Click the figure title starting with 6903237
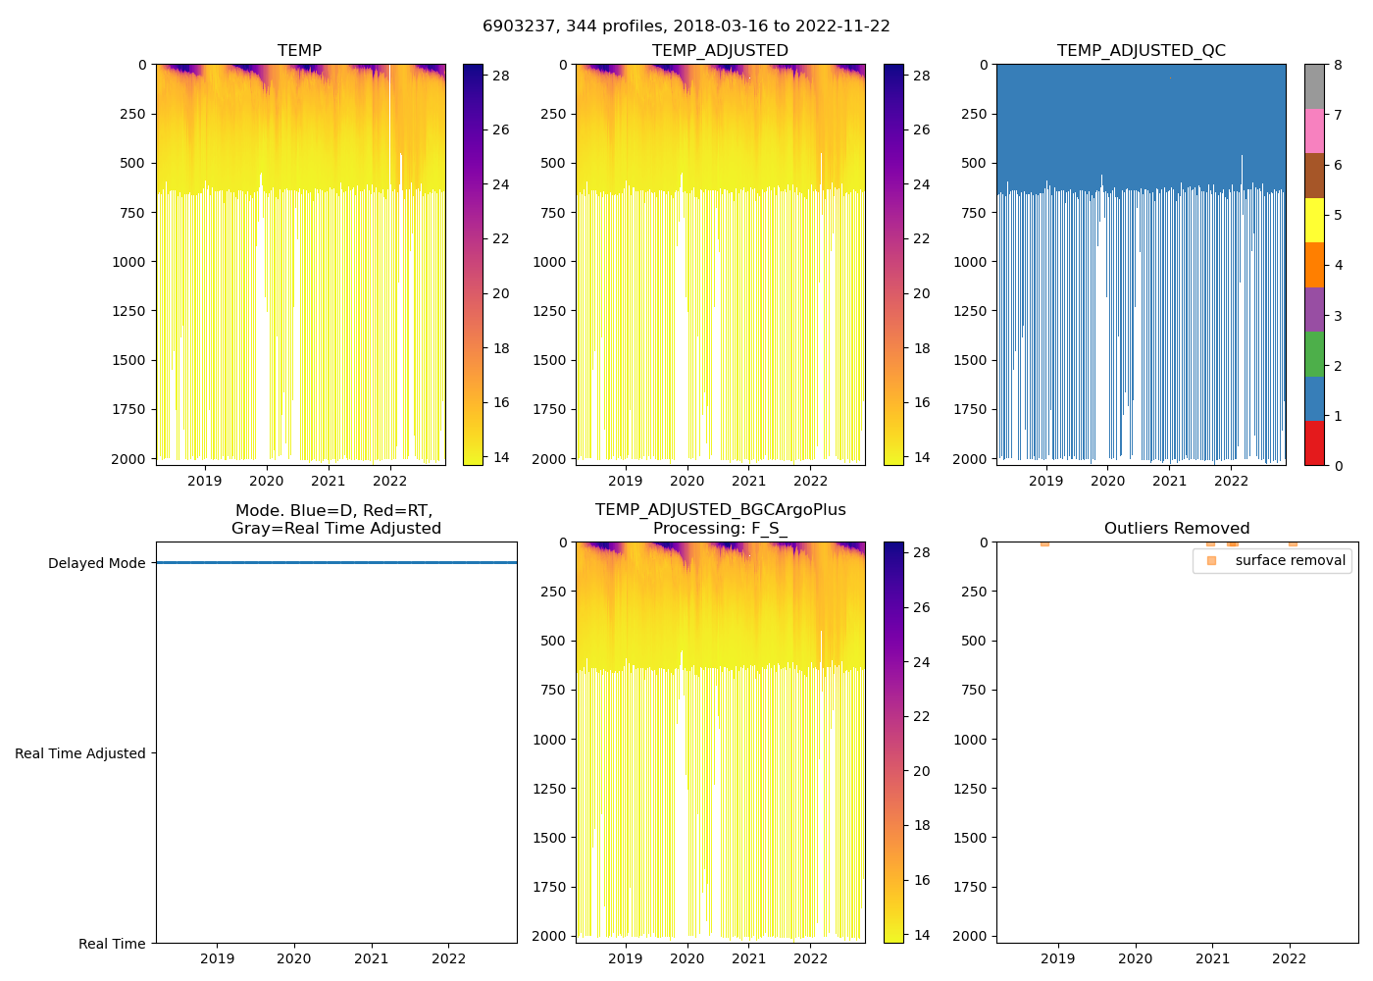(x=686, y=26)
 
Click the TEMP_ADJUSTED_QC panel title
(x=1141, y=51)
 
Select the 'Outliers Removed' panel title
(x=1177, y=529)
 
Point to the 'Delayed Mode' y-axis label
(x=96, y=563)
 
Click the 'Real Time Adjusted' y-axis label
(x=80, y=753)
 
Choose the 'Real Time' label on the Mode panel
(x=112, y=944)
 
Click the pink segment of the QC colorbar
(x=1314, y=130)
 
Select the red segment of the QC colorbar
(x=1314, y=443)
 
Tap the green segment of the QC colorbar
(x=1314, y=354)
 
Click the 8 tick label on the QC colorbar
(x=1338, y=65)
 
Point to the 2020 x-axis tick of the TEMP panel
(x=266, y=481)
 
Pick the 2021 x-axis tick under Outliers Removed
(x=1212, y=958)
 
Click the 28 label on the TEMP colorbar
(x=501, y=76)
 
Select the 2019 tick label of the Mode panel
(x=217, y=958)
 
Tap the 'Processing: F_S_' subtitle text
(x=720, y=529)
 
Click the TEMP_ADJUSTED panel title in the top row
(x=720, y=51)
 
